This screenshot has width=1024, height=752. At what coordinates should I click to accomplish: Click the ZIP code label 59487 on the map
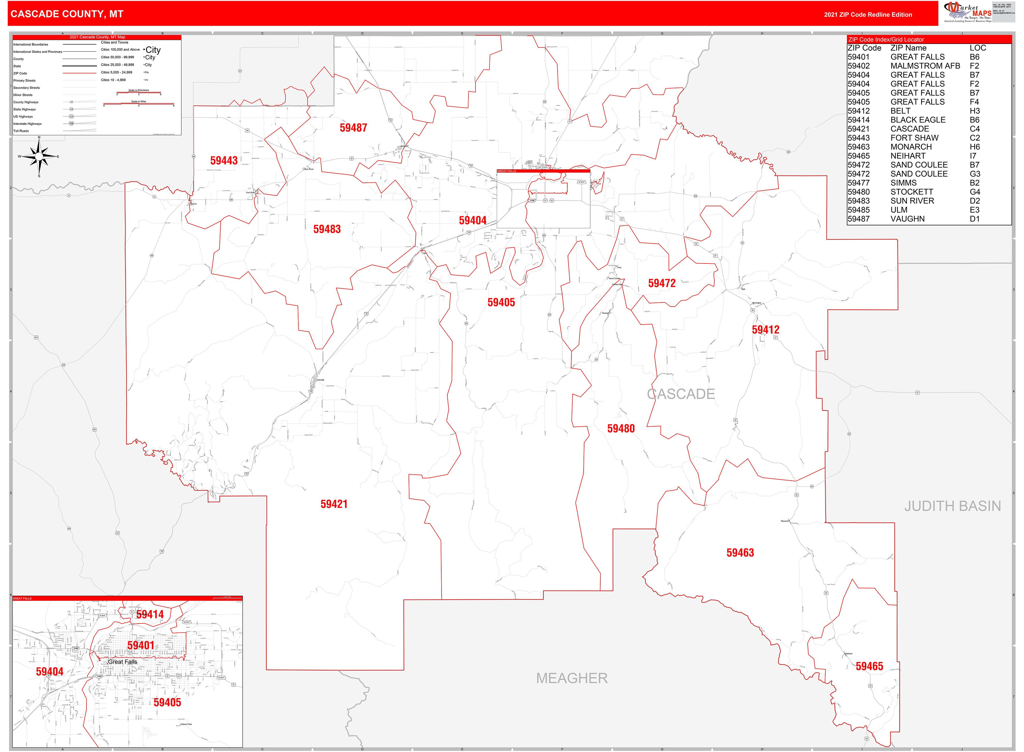coord(353,128)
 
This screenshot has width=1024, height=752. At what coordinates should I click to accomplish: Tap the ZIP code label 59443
coord(224,161)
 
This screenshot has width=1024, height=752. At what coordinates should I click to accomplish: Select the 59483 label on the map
coord(327,229)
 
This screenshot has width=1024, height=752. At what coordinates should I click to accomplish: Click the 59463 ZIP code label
coord(740,553)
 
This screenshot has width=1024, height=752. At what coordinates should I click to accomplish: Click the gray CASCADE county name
coord(681,394)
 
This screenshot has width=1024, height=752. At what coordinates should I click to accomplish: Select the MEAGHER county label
coord(572,678)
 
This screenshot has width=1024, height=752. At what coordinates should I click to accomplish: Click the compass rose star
coord(39,156)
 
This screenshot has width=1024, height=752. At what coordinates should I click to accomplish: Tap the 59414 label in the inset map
coord(150,615)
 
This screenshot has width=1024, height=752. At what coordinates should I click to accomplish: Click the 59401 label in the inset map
coord(141,646)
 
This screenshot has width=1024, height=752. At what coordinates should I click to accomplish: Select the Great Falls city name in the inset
coord(122,662)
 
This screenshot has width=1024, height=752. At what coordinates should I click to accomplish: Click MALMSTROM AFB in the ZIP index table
coord(925,66)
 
